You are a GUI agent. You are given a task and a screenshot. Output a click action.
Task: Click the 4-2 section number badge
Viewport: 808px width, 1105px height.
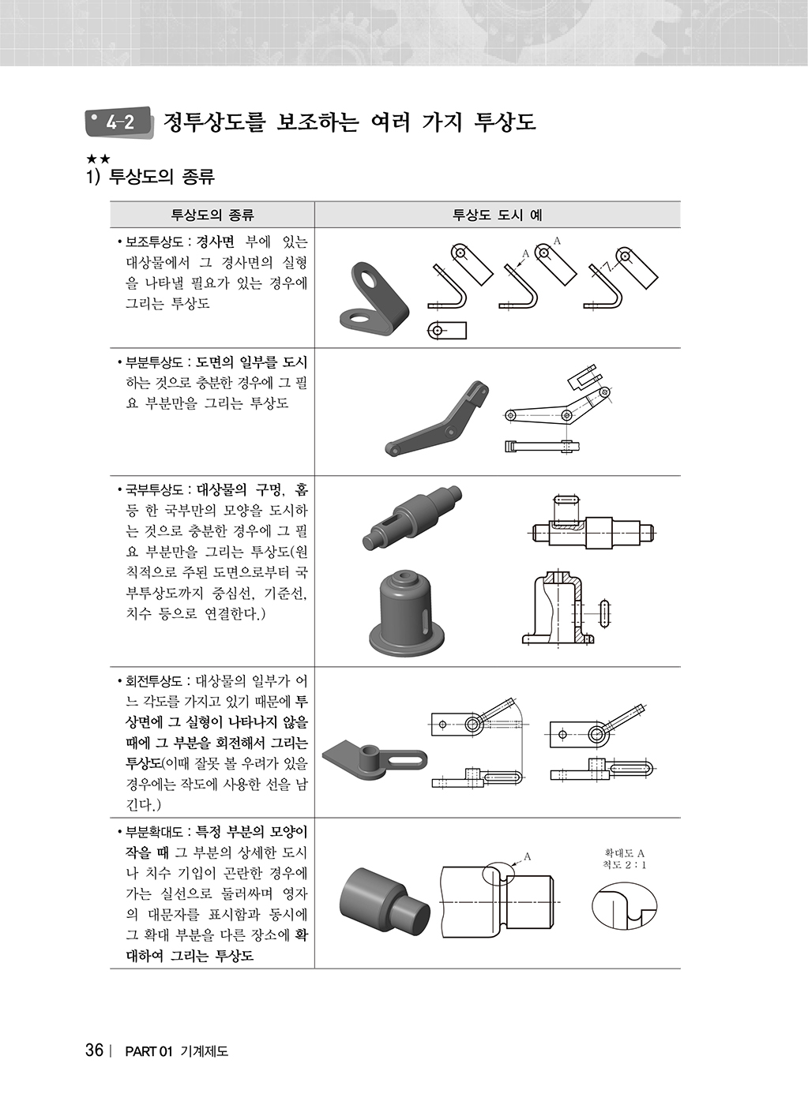click(x=118, y=122)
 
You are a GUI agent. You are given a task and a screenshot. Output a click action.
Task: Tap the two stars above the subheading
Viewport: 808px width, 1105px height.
click(x=98, y=159)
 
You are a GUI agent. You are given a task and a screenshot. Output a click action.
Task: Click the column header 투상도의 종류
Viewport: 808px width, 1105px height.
click(x=212, y=215)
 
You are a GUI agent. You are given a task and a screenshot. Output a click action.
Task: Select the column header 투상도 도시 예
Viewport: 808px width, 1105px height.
click(x=497, y=215)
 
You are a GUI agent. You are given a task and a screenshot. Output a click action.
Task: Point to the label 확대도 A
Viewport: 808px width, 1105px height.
click(x=625, y=853)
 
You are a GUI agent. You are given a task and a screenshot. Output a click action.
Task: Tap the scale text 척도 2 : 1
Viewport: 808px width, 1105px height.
click(x=625, y=865)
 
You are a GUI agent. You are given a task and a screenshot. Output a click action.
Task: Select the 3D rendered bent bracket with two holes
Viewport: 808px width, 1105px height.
click(x=374, y=299)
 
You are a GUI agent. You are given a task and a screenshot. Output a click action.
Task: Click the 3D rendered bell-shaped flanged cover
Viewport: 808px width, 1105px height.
click(x=406, y=612)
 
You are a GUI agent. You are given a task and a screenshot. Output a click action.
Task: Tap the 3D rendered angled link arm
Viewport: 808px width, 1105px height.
click(x=437, y=418)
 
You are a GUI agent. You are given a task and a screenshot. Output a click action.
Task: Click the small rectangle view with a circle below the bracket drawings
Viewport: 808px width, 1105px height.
click(x=447, y=331)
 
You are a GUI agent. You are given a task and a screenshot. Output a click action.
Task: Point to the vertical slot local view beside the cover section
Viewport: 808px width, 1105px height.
click(x=605, y=614)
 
